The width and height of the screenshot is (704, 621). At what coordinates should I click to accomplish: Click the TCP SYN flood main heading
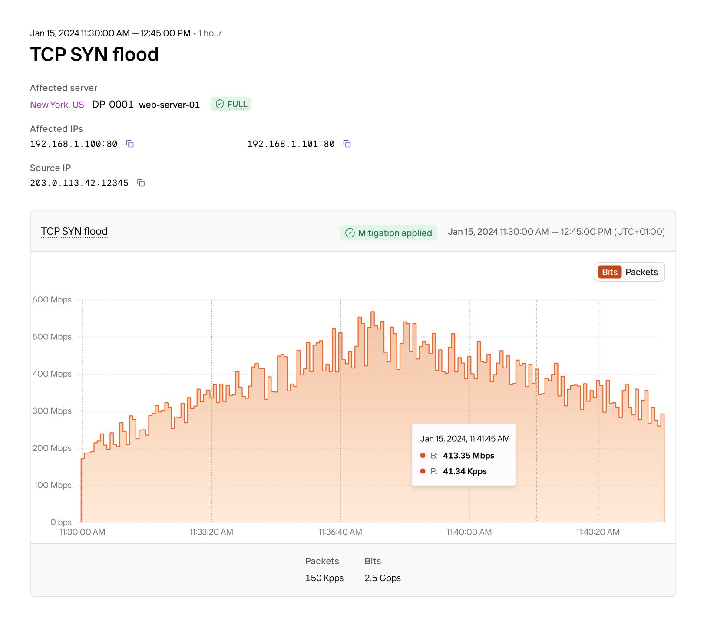(x=94, y=55)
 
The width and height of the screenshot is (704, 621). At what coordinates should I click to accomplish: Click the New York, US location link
(x=57, y=105)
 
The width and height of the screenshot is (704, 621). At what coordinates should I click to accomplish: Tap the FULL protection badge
(x=231, y=104)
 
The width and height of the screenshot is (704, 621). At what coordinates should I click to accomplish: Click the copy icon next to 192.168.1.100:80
(x=130, y=144)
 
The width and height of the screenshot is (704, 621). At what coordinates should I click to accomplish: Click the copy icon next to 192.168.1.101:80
(x=347, y=144)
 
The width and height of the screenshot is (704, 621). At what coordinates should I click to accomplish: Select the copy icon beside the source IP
(x=141, y=183)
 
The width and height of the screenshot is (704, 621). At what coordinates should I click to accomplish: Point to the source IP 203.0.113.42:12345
(x=79, y=183)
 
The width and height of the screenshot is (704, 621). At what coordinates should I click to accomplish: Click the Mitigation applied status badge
(x=388, y=233)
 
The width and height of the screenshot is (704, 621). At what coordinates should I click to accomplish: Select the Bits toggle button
(x=609, y=272)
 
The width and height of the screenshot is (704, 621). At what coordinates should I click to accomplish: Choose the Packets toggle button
(x=641, y=272)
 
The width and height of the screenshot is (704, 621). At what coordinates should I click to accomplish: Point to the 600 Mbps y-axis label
(x=52, y=300)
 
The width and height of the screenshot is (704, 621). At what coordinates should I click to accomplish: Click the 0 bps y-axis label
(x=61, y=522)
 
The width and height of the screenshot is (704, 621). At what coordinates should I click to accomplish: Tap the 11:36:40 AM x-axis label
(x=340, y=532)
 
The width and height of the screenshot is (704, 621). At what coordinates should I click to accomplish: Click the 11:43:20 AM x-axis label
(x=598, y=532)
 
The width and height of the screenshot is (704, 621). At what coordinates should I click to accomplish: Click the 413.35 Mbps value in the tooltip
(x=469, y=456)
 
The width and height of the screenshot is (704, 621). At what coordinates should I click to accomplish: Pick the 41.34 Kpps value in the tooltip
(x=465, y=471)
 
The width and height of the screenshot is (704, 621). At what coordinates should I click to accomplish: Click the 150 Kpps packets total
(x=324, y=578)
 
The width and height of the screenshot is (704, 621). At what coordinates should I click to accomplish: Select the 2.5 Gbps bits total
(x=383, y=578)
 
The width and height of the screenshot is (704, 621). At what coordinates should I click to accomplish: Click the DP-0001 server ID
(x=112, y=105)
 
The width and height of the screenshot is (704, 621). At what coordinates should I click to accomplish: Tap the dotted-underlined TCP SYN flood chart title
(x=74, y=232)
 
